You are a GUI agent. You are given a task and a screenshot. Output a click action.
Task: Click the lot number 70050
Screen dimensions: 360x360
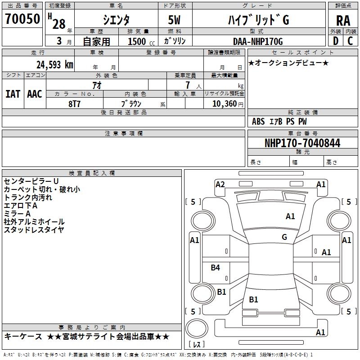tap(23, 19)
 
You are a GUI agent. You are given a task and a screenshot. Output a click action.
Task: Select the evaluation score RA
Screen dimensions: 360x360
tap(343, 21)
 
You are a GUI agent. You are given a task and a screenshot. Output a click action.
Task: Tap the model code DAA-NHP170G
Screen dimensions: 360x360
tap(257, 41)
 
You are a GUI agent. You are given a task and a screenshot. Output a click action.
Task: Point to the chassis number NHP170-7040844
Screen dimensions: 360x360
tap(302, 143)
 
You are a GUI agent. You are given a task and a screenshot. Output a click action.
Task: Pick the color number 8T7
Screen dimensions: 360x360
tap(75, 103)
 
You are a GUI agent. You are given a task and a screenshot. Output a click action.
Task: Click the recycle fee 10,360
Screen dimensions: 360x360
tap(221, 103)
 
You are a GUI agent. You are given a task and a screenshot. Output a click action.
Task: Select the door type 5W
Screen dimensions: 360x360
tap(175, 20)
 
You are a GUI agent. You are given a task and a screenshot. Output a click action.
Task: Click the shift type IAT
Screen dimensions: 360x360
tap(13, 94)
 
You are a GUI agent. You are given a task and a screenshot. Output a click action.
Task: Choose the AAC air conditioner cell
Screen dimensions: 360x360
tap(34, 94)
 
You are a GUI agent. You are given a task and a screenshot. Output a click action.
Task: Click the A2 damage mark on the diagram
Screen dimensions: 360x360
tap(220, 184)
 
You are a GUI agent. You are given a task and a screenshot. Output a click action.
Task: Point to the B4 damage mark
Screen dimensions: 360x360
tap(216, 268)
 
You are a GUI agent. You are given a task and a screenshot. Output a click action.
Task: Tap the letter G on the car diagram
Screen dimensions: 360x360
tap(284, 237)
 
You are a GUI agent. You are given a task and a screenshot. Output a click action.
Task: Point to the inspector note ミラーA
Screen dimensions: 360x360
tap(17, 213)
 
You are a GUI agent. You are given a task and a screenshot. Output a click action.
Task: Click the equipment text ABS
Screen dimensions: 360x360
tap(258, 121)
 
